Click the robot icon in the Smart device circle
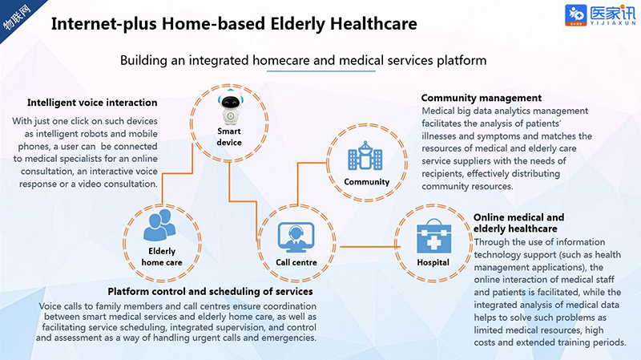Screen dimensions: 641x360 [x=230, y=107]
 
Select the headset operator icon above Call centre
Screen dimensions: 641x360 [x=296, y=237]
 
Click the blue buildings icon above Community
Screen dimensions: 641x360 [x=365, y=156]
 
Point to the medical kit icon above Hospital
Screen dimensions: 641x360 [x=433, y=236]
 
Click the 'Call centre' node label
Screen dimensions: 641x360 [x=296, y=262]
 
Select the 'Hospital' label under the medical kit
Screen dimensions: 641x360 [x=433, y=262]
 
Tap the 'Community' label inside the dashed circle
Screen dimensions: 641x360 [x=367, y=182]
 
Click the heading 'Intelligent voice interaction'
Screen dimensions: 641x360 [x=92, y=103]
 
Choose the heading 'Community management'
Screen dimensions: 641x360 [x=482, y=98]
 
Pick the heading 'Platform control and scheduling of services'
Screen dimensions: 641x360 [x=210, y=291]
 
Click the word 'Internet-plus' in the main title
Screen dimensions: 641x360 [x=104, y=24]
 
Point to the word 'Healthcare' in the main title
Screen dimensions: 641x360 [x=373, y=24]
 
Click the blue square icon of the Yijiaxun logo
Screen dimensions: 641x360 [x=575, y=15]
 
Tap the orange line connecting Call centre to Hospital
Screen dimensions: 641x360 [x=370, y=247]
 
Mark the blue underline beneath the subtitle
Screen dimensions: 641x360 [x=321, y=71]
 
